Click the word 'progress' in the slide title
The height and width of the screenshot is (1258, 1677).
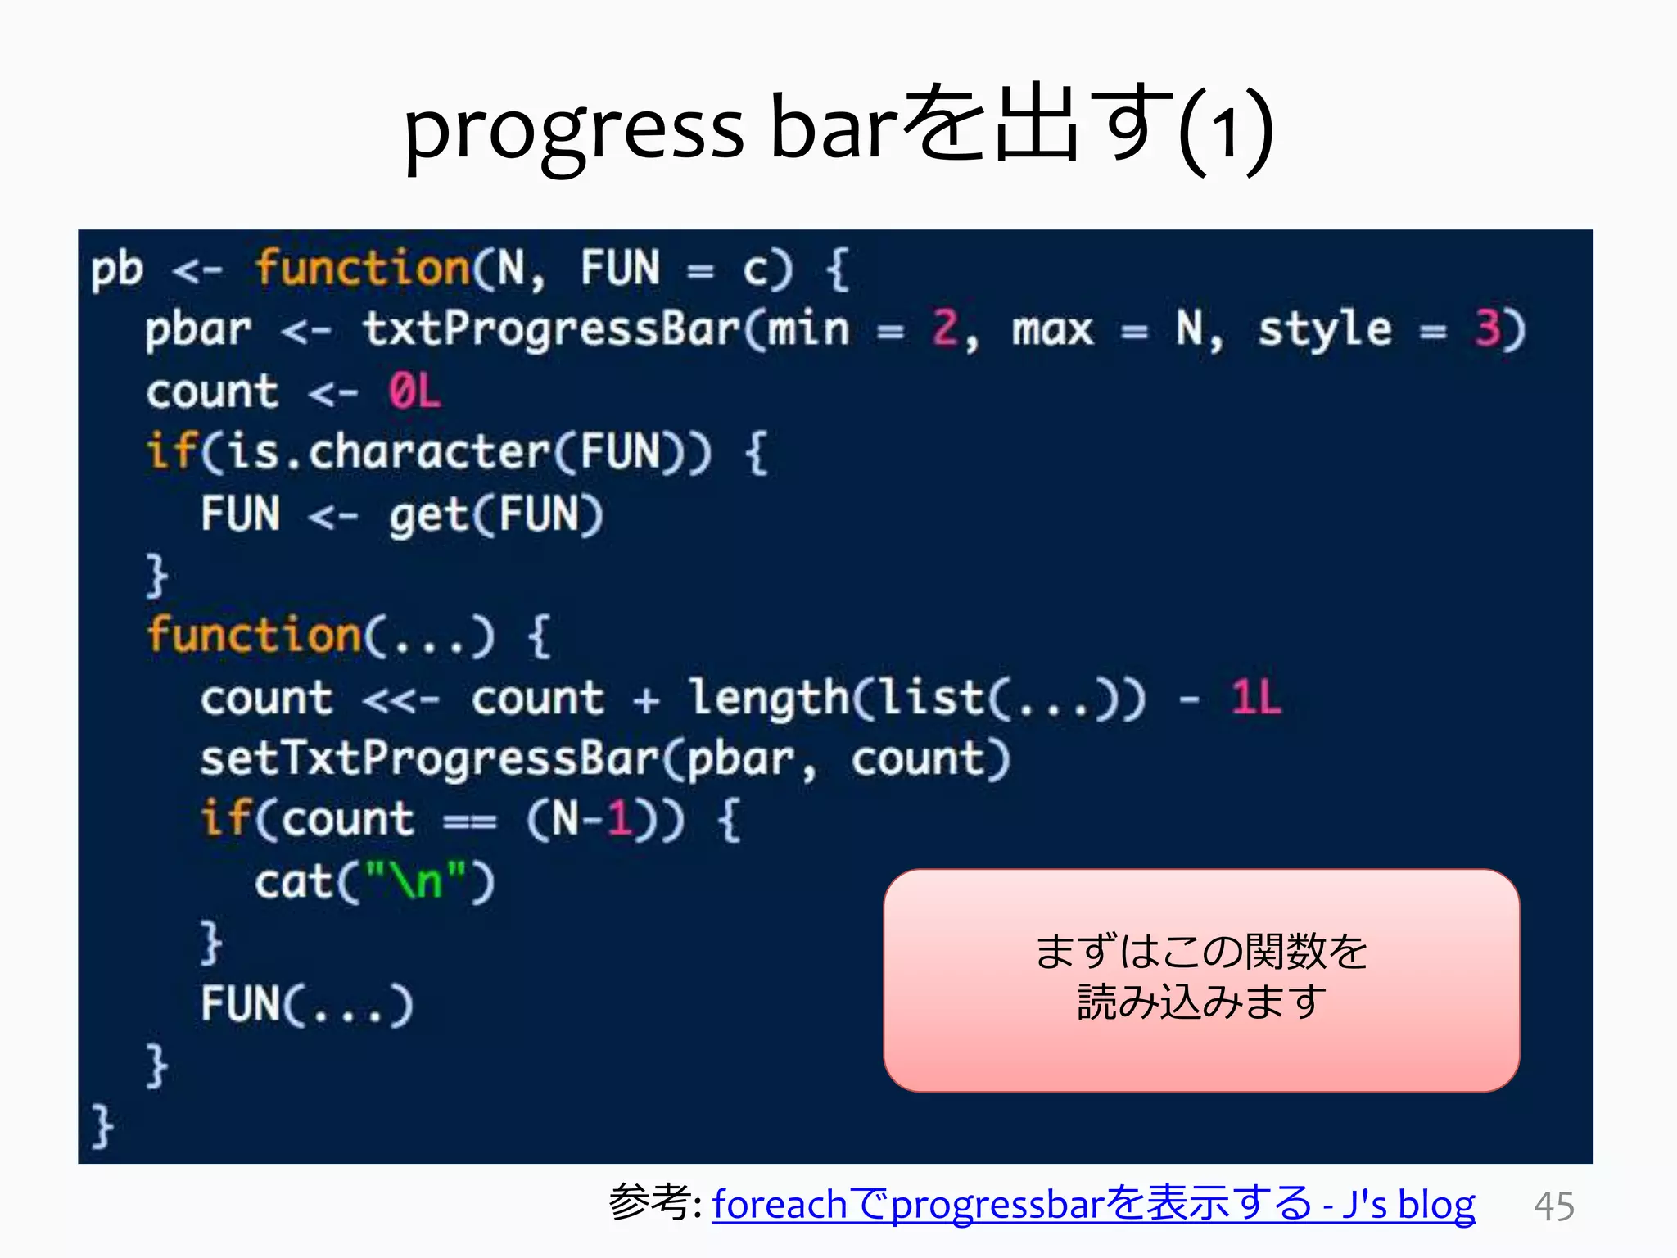pos(573,131)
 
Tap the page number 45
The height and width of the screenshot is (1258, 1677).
pos(1553,1206)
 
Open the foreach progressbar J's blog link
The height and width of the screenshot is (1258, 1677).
pos(1093,1204)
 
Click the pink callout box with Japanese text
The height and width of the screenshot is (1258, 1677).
pos(1200,980)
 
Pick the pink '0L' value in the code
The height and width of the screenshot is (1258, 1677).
pos(414,391)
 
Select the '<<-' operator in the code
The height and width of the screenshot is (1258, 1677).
pos(400,699)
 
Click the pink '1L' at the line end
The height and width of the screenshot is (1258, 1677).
pos(1255,699)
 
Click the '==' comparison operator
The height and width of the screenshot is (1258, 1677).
pos(469,821)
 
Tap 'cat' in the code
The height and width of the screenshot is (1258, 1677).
pos(293,882)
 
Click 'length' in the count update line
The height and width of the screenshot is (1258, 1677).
pos(768,699)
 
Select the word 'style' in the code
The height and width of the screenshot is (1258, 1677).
pos(1324,329)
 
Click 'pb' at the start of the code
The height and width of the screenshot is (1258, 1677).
pos(116,269)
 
